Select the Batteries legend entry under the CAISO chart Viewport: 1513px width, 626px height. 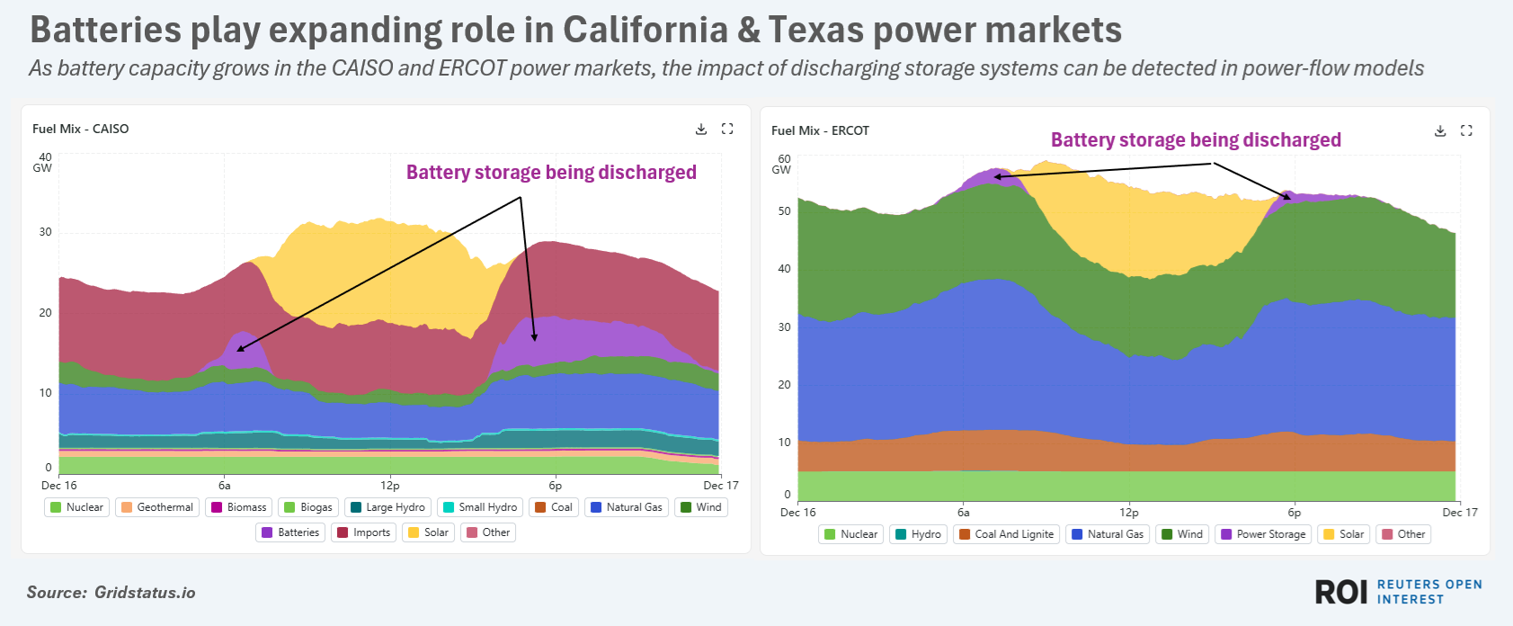click(x=290, y=532)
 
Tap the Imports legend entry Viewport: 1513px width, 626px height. click(x=364, y=532)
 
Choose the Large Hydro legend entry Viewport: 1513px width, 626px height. click(x=387, y=507)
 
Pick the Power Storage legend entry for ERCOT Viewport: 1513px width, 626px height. click(x=1263, y=534)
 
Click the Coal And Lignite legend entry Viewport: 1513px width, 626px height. click(x=1006, y=534)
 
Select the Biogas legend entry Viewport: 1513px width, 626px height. click(x=308, y=507)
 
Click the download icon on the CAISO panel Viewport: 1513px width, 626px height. click(x=701, y=130)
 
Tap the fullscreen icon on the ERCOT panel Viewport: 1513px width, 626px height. click(x=1466, y=131)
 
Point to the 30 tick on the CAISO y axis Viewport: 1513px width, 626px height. click(x=45, y=232)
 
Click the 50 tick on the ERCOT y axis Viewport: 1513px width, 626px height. click(x=785, y=211)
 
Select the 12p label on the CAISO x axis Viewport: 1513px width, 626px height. click(x=390, y=486)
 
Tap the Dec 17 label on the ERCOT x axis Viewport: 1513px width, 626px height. click(x=1460, y=513)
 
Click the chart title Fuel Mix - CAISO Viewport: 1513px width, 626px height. click(x=81, y=130)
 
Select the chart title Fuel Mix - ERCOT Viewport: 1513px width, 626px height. click(x=820, y=131)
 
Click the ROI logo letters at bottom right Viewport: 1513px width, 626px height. click(x=1341, y=592)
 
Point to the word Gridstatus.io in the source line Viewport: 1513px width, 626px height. click(x=145, y=593)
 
